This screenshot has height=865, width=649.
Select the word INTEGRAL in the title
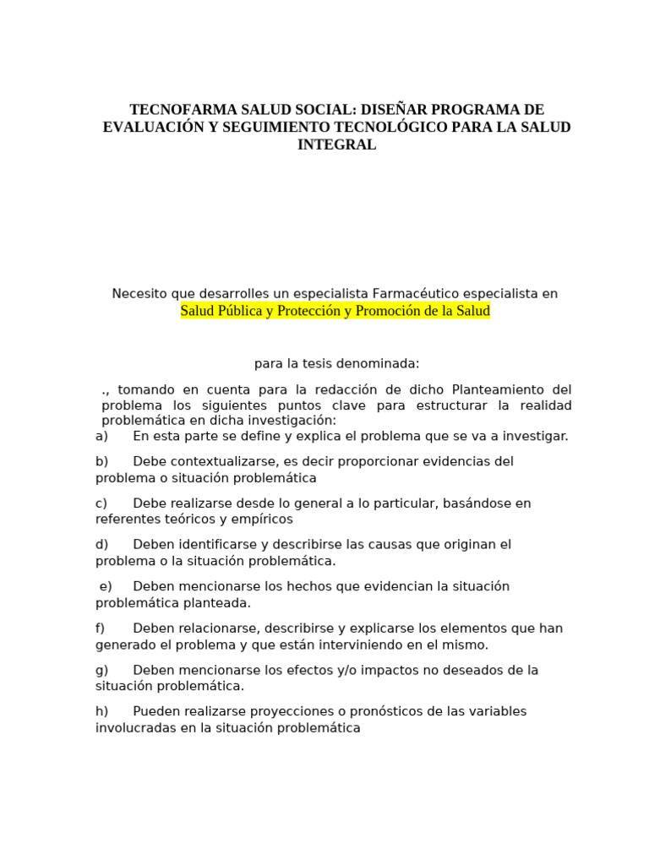tap(336, 144)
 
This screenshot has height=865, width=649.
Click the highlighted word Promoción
tap(391, 311)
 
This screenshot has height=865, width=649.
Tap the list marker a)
tap(102, 436)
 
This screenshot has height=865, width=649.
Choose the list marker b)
tap(102, 461)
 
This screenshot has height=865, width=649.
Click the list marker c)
tap(101, 503)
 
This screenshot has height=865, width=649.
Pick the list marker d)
tap(102, 545)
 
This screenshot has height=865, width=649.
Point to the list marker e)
tap(106, 586)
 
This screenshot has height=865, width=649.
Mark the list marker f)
tap(101, 628)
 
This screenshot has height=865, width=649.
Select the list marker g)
tap(102, 670)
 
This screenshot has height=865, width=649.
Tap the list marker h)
tap(102, 711)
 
